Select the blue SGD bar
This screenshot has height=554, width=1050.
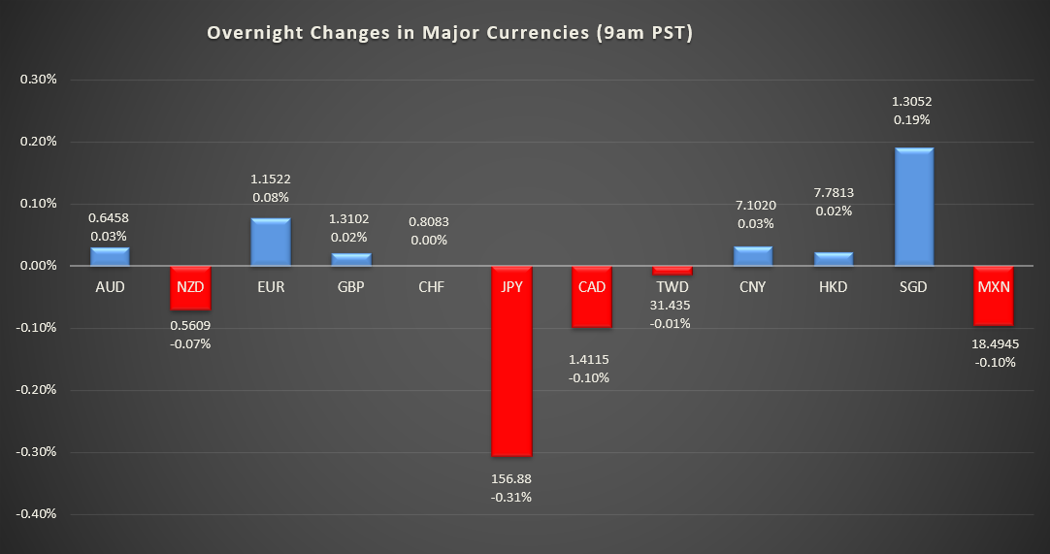(913, 207)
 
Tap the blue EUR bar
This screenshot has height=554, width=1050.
(271, 242)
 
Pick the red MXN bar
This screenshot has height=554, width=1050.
(994, 307)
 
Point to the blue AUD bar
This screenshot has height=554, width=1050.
(110, 256)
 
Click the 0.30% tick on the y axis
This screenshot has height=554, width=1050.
(39, 80)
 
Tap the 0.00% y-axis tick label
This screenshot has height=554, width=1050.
(39, 266)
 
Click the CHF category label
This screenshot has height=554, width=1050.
(431, 287)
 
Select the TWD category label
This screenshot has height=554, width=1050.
(672, 287)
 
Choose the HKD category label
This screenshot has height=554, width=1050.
(833, 287)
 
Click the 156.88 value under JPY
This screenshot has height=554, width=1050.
(511, 478)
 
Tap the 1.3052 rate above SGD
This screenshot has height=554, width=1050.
(912, 101)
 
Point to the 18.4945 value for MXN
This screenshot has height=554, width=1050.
(996, 343)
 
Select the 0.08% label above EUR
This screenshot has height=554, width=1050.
(271, 198)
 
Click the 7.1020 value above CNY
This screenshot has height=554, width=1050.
(752, 205)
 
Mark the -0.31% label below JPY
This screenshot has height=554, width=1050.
(511, 497)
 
